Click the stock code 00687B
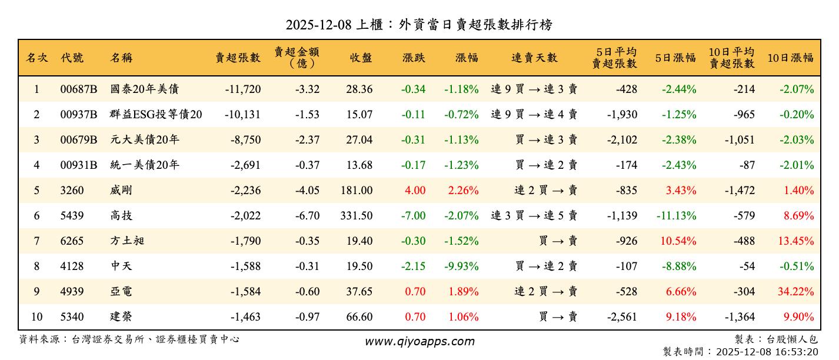[x=78, y=89]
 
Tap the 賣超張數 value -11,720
[x=242, y=89]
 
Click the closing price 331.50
[x=356, y=216]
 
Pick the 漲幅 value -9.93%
[x=462, y=266]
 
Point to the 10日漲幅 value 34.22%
[x=797, y=292]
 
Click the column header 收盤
[x=361, y=58]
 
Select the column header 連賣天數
[x=534, y=58]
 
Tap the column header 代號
[x=72, y=58]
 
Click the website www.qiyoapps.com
[x=419, y=342]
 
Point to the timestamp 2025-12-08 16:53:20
[x=767, y=352]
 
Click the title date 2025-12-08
[x=318, y=25]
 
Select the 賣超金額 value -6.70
[x=307, y=216]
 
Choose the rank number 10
[x=36, y=317]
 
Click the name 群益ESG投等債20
[x=156, y=115]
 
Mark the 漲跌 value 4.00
[x=414, y=191]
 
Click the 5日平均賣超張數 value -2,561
[x=622, y=317]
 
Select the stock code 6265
[x=72, y=241]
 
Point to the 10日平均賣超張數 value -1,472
[x=740, y=191]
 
